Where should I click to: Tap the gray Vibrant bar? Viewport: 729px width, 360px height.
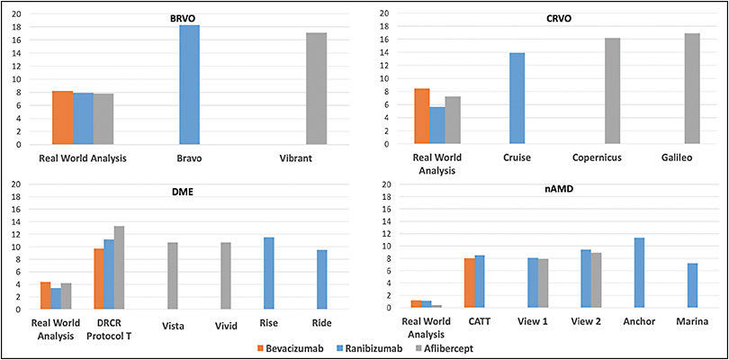pos(316,88)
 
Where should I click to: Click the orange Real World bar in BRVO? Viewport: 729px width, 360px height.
pos(62,118)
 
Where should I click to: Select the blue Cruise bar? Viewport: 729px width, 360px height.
pos(517,98)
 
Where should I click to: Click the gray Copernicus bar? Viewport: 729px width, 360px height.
pos(612,91)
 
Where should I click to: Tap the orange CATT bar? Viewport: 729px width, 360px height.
pos(469,283)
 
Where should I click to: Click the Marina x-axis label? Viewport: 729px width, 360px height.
pos(692,322)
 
